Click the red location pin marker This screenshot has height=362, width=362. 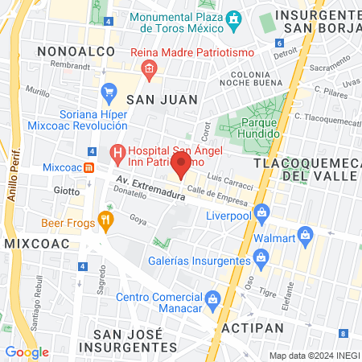click(x=181, y=167)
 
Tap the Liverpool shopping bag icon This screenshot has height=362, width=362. click(x=261, y=213)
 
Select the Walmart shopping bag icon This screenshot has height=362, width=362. click(x=304, y=235)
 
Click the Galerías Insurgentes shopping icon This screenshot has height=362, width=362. click(x=260, y=258)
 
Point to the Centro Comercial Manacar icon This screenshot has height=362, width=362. click(x=212, y=299)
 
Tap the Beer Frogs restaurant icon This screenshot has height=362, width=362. click(x=105, y=218)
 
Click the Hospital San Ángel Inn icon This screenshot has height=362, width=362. click(x=117, y=151)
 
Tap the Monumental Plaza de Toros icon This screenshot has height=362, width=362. click(x=233, y=18)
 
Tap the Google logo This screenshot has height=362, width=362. click(x=27, y=352)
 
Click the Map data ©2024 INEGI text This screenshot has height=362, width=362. click(x=314, y=355)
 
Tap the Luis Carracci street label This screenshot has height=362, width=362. click(x=230, y=180)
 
